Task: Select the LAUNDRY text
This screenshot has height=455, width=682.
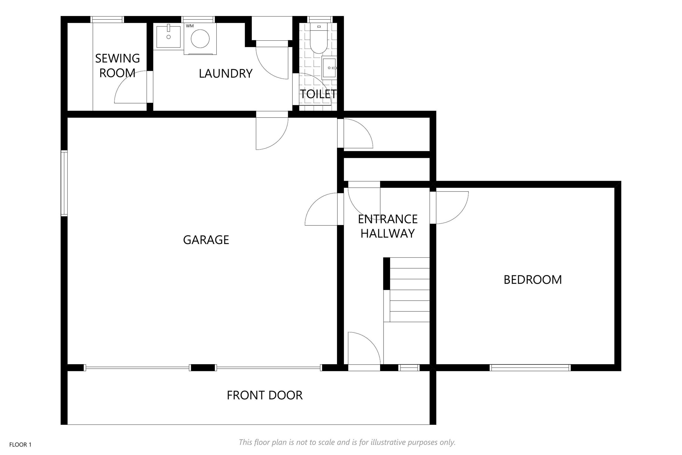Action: (226, 74)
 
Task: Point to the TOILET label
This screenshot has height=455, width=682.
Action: (318, 94)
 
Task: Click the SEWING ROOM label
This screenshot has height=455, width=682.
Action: (117, 66)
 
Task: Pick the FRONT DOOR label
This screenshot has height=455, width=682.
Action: (264, 395)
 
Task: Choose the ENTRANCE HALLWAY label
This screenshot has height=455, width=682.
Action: (388, 226)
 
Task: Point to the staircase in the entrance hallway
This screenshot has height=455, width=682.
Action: (407, 290)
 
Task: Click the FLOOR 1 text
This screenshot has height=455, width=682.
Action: (20, 445)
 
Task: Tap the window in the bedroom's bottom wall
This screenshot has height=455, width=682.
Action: (530, 368)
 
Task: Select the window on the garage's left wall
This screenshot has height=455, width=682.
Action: (64, 183)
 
